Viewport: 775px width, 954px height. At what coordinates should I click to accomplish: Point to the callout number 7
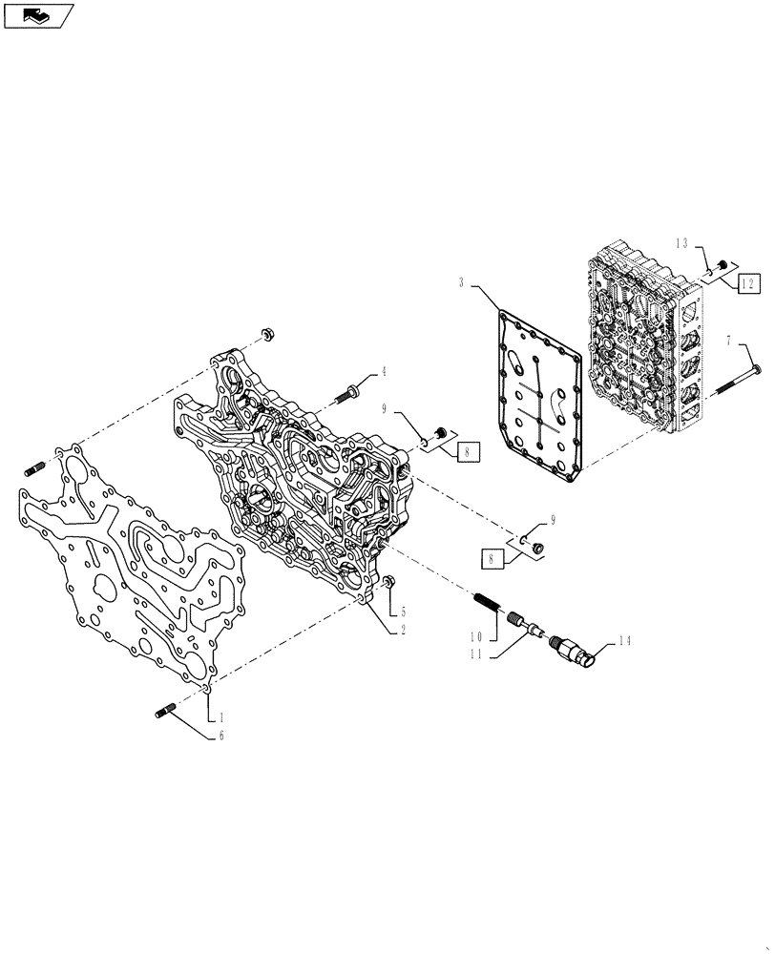tap(729, 339)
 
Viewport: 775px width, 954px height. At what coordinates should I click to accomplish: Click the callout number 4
tap(385, 371)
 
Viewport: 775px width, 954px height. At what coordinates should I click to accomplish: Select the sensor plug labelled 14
tap(577, 652)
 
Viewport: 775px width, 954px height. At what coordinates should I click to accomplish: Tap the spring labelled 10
tap(488, 603)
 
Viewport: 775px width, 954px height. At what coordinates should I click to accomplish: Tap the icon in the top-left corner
tap(39, 14)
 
